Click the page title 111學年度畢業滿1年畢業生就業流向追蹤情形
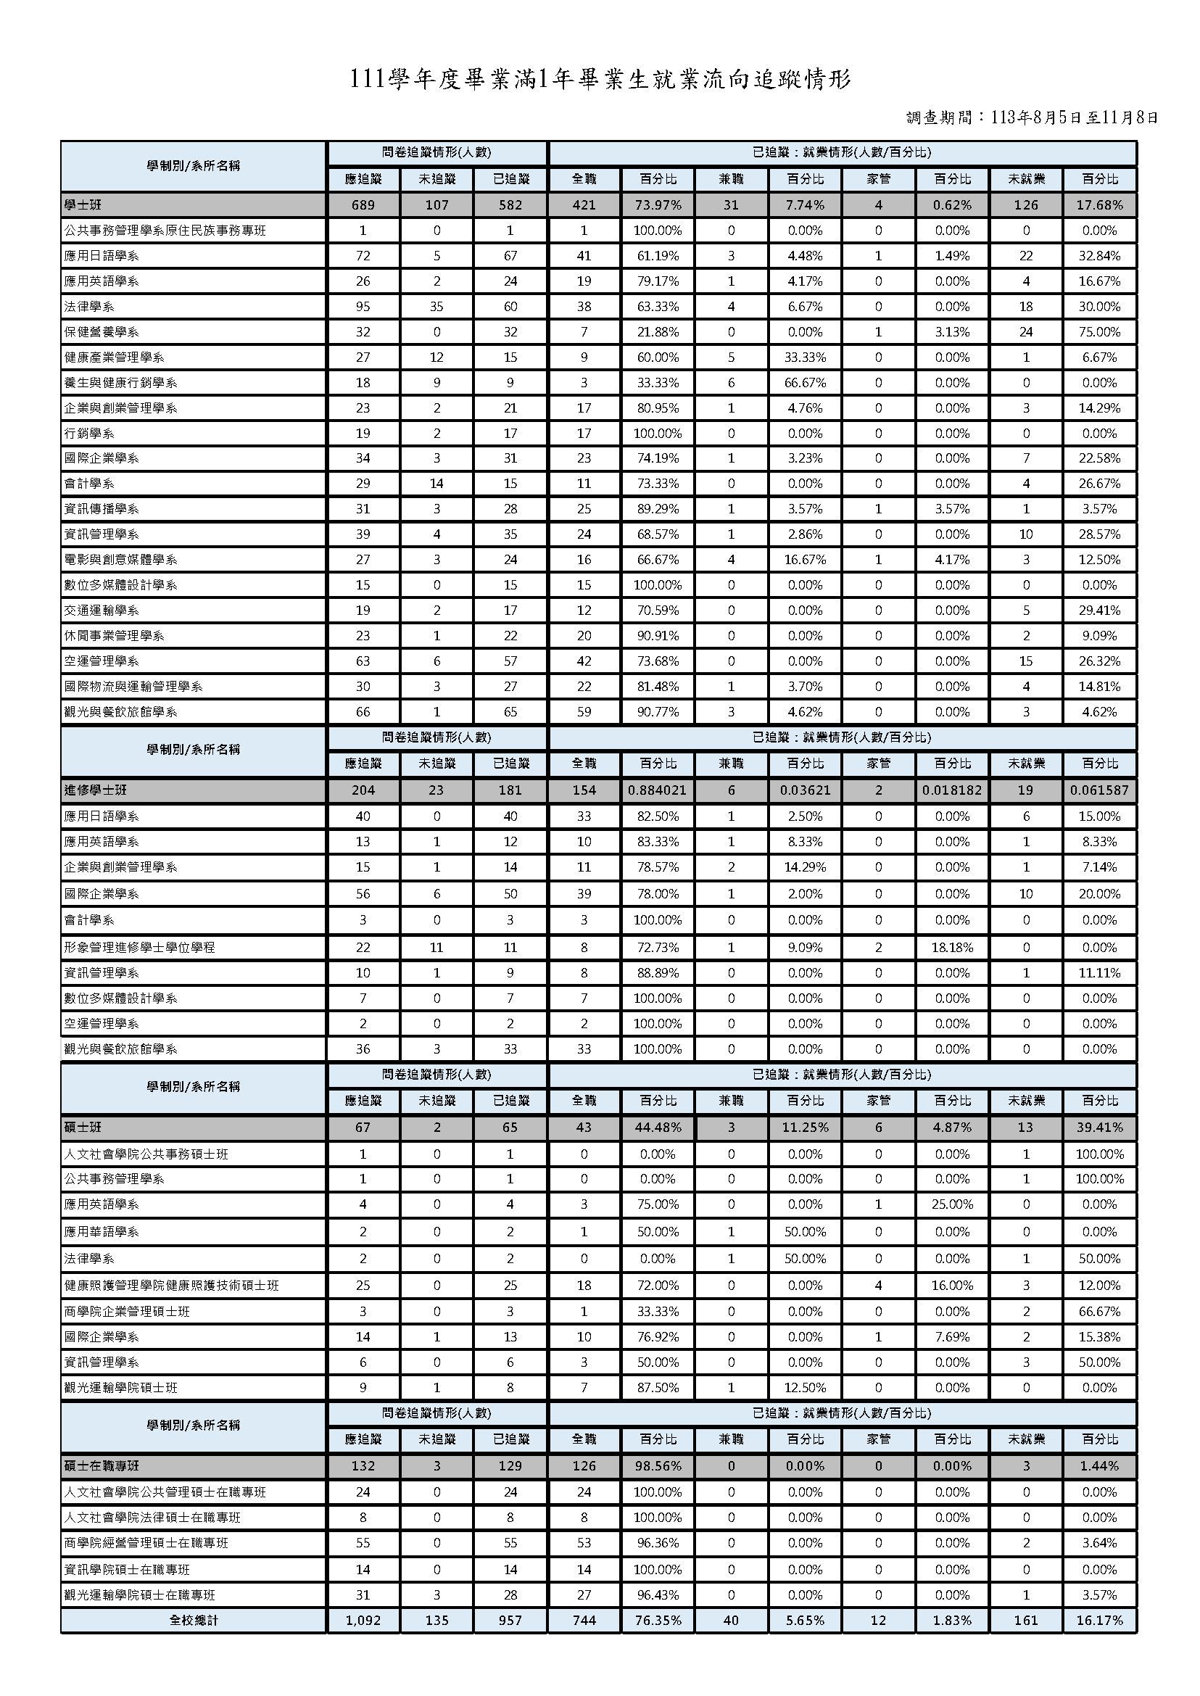point(600,80)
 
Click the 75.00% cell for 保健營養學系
point(1099,332)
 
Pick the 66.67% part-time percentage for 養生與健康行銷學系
point(805,383)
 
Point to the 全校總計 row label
point(193,1620)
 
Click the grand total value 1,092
point(363,1620)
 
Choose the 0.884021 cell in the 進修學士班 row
point(657,790)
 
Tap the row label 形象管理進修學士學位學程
point(140,948)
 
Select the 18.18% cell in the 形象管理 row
point(952,948)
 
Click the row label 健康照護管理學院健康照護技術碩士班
point(171,1285)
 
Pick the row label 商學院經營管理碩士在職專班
point(146,1543)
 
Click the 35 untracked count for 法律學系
point(436,307)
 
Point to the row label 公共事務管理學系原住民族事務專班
point(165,231)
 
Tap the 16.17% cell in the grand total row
point(1099,1620)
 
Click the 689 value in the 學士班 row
point(363,204)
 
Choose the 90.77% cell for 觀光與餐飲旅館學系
point(657,711)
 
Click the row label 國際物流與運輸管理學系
point(133,687)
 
